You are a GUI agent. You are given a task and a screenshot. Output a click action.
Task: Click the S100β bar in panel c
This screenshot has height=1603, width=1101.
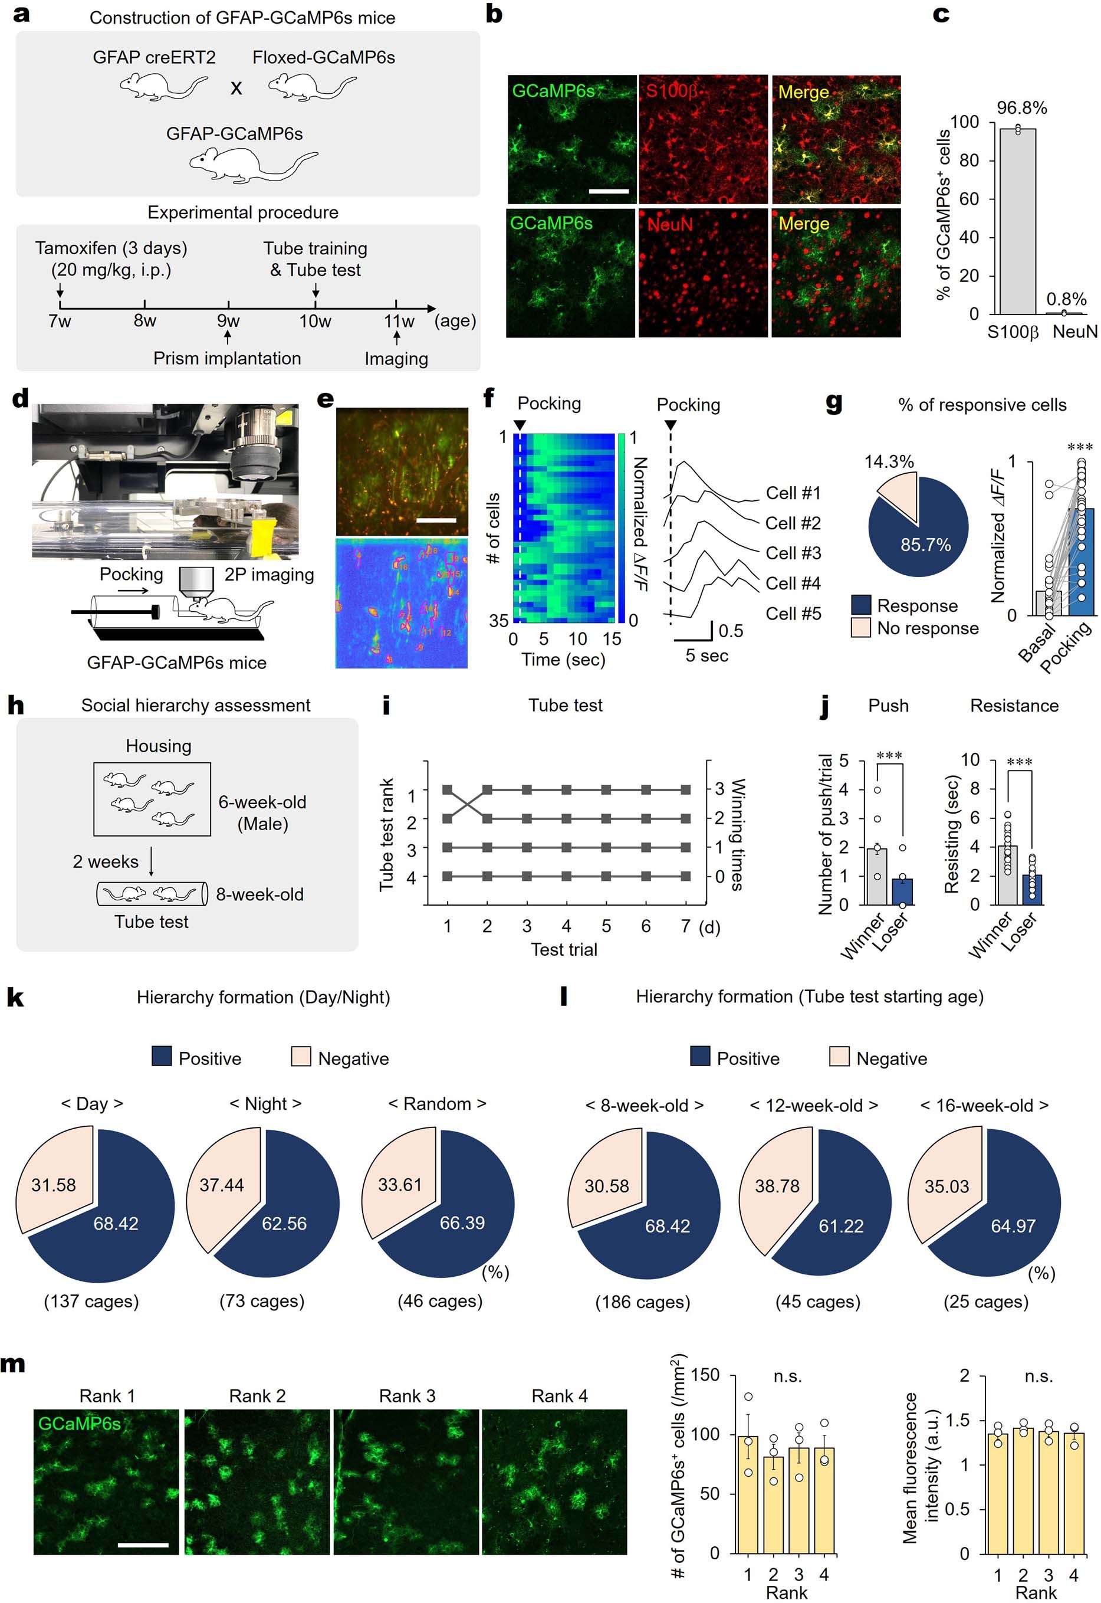point(1017,221)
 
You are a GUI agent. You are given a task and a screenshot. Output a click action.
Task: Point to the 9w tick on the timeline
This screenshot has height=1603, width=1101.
point(228,304)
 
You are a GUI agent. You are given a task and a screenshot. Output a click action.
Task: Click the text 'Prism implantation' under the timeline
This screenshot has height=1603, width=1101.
point(227,358)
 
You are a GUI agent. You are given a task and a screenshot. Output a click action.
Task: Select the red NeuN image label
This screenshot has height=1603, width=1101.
point(669,224)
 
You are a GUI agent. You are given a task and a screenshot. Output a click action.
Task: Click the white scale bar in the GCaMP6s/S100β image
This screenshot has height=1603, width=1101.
point(609,191)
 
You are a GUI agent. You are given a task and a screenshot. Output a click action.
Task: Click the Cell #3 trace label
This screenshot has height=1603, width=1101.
point(793,553)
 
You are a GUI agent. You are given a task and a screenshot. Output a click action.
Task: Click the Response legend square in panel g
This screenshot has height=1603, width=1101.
point(861,605)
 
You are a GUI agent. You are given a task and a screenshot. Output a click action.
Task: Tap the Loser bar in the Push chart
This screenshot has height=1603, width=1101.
point(902,891)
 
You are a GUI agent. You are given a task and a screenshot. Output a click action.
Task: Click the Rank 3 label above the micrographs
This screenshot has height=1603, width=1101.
point(407,1395)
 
